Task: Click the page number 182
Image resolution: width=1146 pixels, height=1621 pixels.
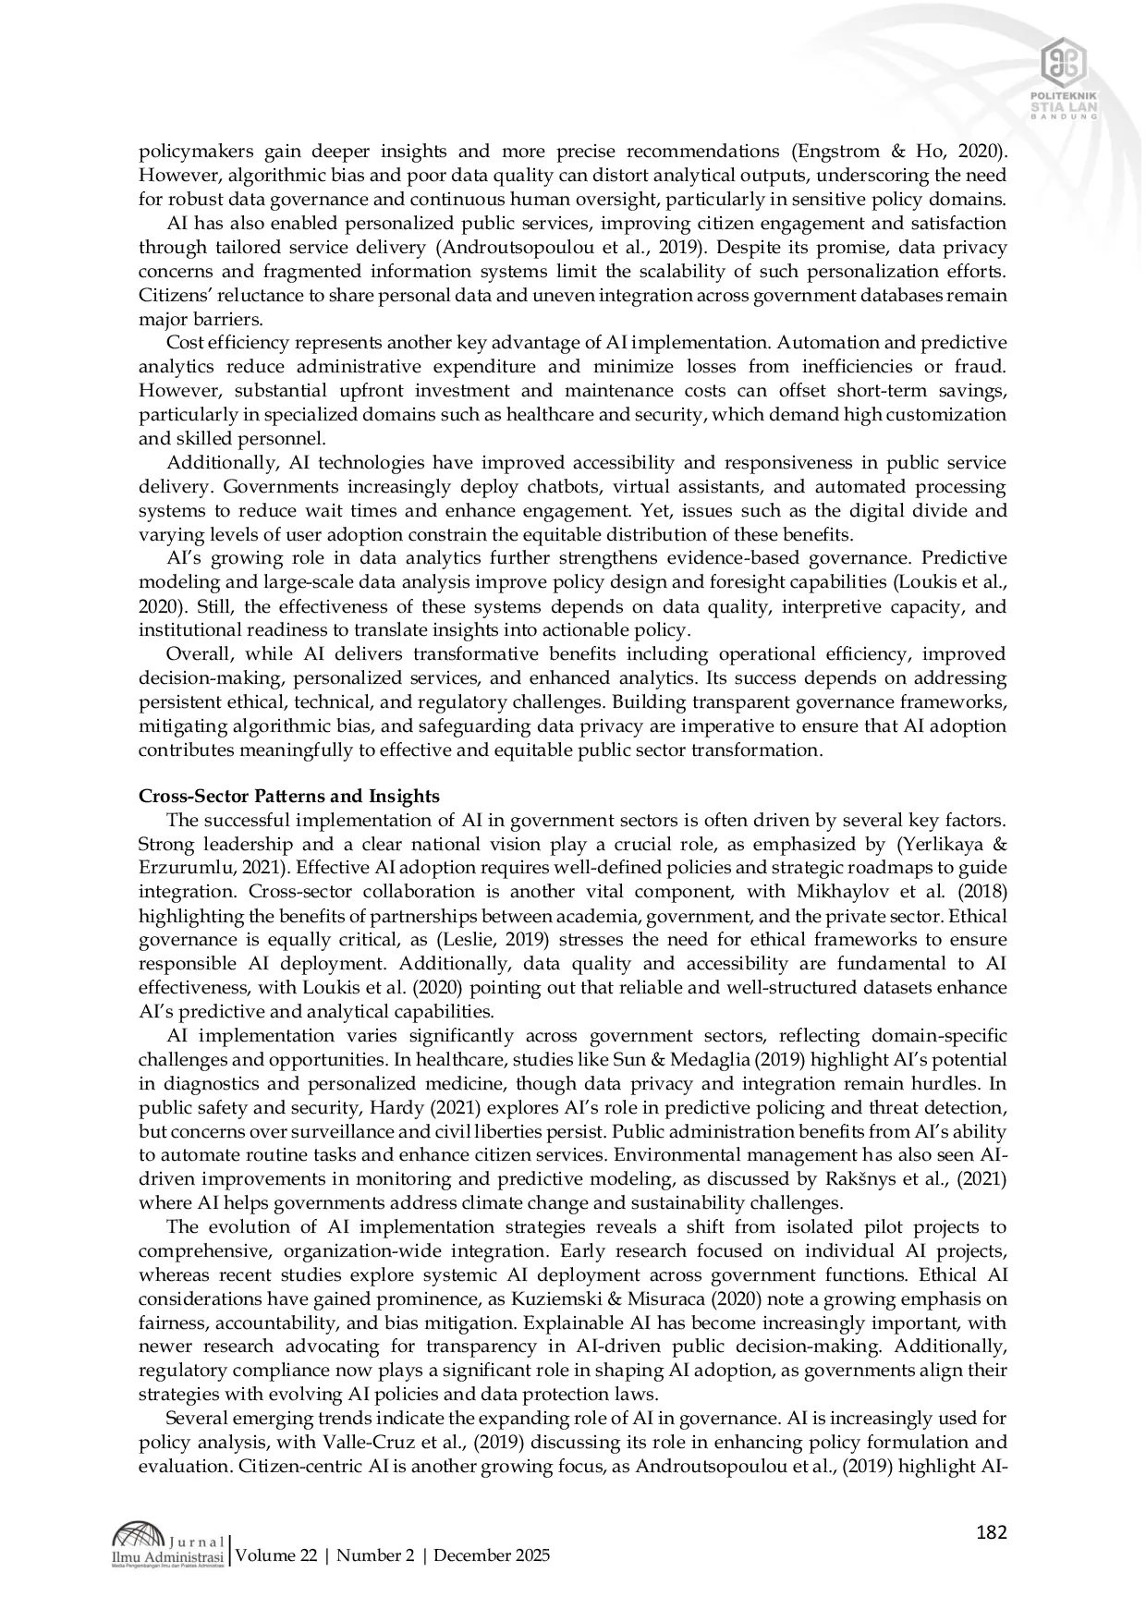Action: coord(991,1533)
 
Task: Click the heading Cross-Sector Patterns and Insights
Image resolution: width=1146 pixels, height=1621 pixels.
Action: coord(288,796)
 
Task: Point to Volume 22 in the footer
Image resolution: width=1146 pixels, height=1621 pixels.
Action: coord(277,1555)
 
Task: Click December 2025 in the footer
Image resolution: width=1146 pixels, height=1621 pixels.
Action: coord(492,1555)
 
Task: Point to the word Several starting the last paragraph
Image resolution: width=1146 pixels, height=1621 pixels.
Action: coord(192,1419)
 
